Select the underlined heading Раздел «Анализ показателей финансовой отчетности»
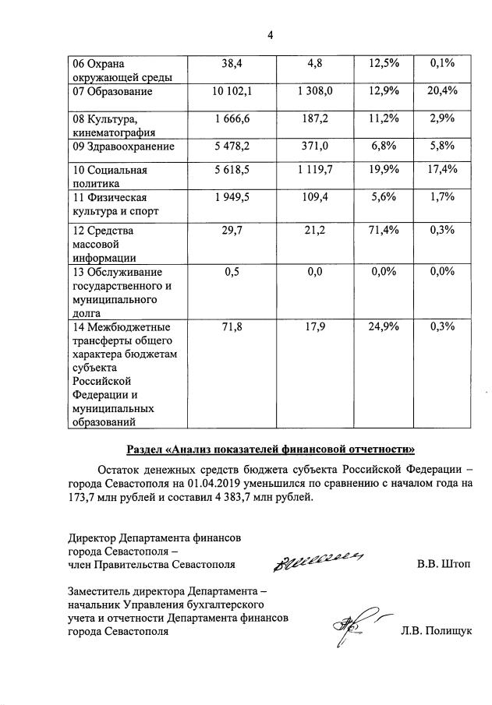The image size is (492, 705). [271, 449]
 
